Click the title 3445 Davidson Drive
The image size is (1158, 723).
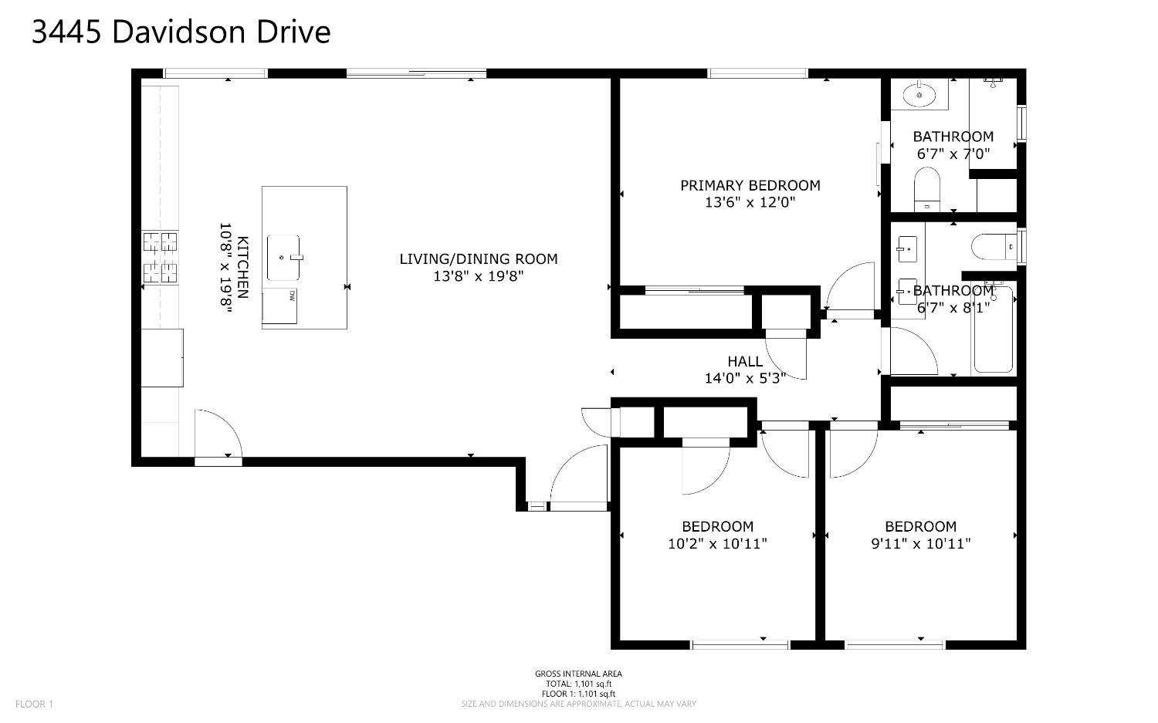(x=181, y=32)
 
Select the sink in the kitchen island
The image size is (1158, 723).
(x=283, y=258)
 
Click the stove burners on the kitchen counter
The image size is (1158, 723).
(x=160, y=257)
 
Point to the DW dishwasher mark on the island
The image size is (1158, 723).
(x=292, y=295)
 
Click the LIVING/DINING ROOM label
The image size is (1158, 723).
(x=478, y=259)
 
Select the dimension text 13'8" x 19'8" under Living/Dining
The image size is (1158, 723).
(x=478, y=276)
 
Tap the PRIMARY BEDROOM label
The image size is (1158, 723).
(x=750, y=185)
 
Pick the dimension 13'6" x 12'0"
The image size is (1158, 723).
(x=750, y=202)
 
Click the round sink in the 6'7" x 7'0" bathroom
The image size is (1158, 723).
(x=919, y=95)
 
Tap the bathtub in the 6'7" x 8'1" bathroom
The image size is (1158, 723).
(x=994, y=329)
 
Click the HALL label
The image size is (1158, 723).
(x=745, y=361)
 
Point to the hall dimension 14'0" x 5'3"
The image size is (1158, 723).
(x=745, y=378)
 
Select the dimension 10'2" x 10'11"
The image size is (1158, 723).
(x=717, y=543)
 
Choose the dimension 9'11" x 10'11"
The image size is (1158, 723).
(x=920, y=543)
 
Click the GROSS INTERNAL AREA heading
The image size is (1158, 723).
(x=578, y=674)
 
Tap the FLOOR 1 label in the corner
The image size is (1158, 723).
(x=35, y=704)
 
